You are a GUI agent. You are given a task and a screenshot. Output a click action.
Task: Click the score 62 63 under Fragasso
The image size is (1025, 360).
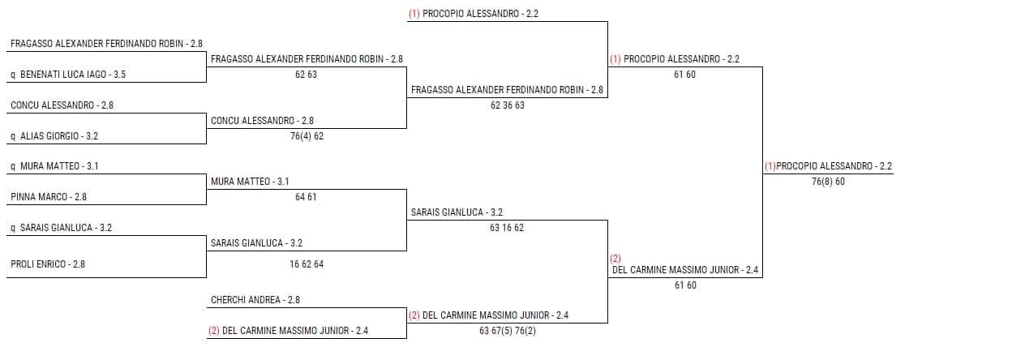click(x=306, y=75)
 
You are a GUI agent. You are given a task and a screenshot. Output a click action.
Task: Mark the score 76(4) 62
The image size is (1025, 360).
click(x=307, y=136)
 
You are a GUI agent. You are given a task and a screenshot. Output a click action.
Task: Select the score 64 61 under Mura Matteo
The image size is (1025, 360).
click(x=306, y=197)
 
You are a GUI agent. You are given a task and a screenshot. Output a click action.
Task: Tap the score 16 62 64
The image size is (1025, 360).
click(x=307, y=264)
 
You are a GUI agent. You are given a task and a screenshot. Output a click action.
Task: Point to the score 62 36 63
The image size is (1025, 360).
click(x=508, y=105)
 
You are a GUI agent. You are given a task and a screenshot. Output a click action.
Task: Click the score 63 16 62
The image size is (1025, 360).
click(x=507, y=228)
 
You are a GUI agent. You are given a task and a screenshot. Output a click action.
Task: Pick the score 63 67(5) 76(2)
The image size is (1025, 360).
click(x=508, y=331)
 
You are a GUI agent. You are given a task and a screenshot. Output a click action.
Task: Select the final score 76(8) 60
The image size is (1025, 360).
click(x=828, y=182)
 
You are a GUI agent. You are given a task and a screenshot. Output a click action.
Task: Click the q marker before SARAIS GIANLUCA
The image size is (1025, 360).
click(x=13, y=228)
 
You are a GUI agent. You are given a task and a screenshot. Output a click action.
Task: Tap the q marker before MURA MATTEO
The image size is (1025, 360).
click(x=13, y=166)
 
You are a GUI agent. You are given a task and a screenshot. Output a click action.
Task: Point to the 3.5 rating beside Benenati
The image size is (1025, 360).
click(x=119, y=75)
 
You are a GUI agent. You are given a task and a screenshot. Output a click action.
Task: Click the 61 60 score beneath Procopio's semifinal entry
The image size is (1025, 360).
click(x=684, y=75)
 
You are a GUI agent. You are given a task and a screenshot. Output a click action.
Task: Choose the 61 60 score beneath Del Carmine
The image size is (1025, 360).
click(x=684, y=285)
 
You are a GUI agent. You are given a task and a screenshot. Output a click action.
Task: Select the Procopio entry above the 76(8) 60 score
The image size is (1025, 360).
click(x=828, y=166)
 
